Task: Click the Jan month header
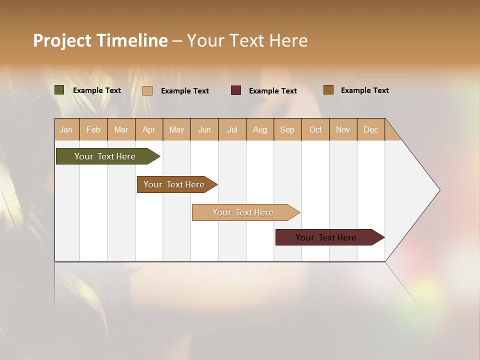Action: coord(66,129)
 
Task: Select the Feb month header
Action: coord(93,129)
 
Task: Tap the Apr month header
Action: coord(149,129)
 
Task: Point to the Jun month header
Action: coord(204,129)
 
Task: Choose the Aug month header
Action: coord(260,129)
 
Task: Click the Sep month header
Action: coord(287,129)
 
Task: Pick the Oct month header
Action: coord(315,129)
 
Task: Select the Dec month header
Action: coord(371,129)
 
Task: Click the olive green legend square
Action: coord(59,90)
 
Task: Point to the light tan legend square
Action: coord(147,90)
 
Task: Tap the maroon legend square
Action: coord(236,90)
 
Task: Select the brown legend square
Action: coord(328,90)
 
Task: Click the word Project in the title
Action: coord(62,40)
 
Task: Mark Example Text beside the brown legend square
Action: coord(364,90)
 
